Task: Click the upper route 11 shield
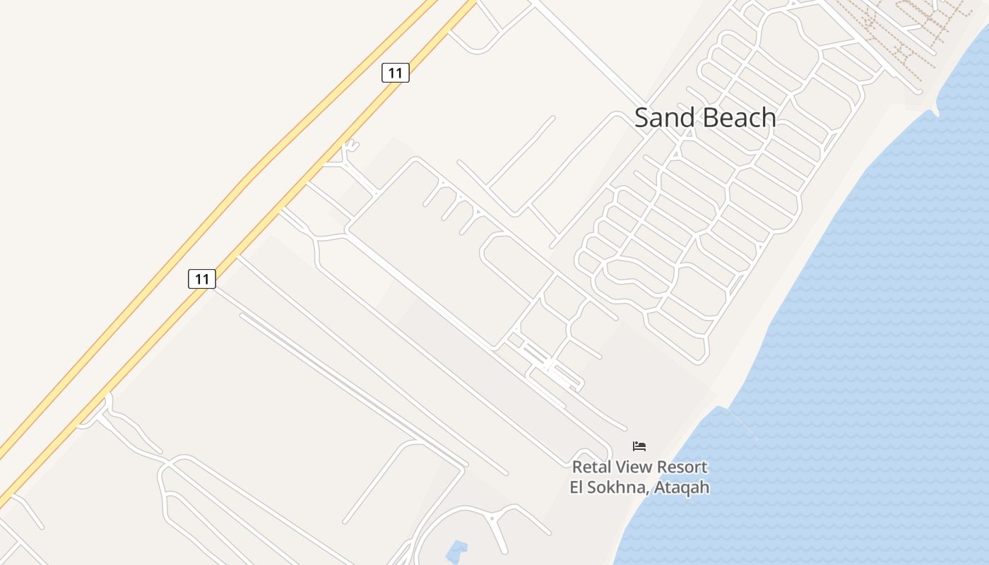(x=396, y=73)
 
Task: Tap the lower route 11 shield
(x=202, y=279)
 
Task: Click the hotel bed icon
(x=639, y=446)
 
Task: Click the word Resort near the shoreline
(x=682, y=467)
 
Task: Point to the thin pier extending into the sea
(x=743, y=424)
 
